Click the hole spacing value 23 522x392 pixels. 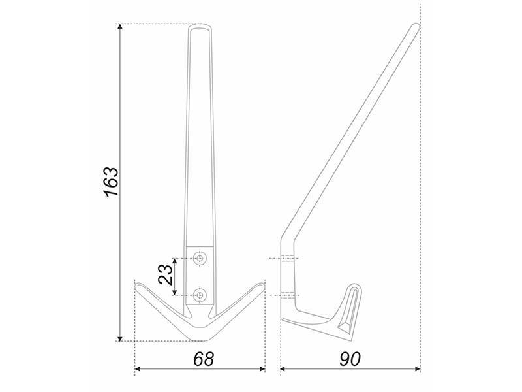[x=166, y=275]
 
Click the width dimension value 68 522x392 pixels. [x=204, y=359]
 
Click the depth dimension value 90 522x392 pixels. [x=350, y=359]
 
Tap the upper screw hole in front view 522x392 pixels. [x=200, y=258]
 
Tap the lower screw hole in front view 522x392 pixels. [x=200, y=295]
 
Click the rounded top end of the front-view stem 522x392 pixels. [x=200, y=26]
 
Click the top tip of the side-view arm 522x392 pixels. [x=416, y=25]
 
